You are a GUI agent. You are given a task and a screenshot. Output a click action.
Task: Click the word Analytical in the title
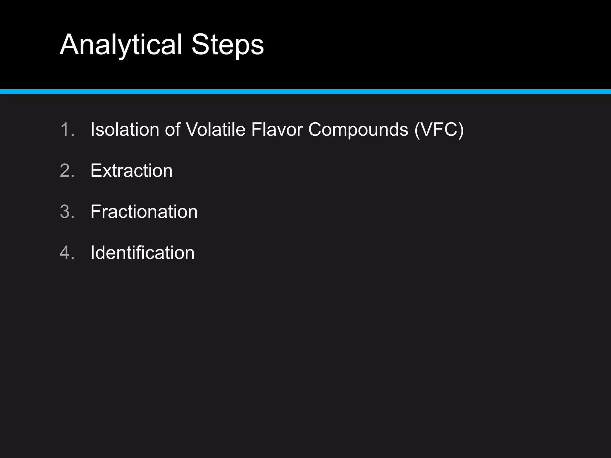pyautogui.click(x=121, y=45)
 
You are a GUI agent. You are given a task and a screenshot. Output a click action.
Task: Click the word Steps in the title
pyautogui.click(x=227, y=45)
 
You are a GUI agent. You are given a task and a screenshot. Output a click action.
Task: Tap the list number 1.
pyautogui.click(x=67, y=130)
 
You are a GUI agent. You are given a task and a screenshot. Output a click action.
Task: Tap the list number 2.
pyautogui.click(x=67, y=171)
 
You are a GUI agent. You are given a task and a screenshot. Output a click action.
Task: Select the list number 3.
pyautogui.click(x=67, y=212)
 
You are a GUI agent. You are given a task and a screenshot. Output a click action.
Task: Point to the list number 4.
pyautogui.click(x=67, y=253)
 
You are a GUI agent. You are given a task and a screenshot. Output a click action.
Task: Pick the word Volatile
pyautogui.click(x=215, y=130)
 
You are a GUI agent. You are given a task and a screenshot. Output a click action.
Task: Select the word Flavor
pyautogui.click(x=277, y=130)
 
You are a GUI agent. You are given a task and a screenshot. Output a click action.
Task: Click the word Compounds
pyautogui.click(x=358, y=130)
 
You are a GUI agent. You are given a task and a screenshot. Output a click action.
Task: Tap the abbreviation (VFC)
pyautogui.click(x=439, y=130)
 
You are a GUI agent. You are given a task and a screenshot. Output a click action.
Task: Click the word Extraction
pyautogui.click(x=131, y=171)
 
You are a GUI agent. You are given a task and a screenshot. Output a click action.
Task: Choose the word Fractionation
pyautogui.click(x=144, y=212)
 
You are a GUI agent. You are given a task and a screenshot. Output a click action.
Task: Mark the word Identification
pyautogui.click(x=142, y=253)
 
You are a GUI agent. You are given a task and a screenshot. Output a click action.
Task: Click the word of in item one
pyautogui.click(x=173, y=130)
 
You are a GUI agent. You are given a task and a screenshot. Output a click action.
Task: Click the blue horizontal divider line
pyautogui.click(x=305, y=92)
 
